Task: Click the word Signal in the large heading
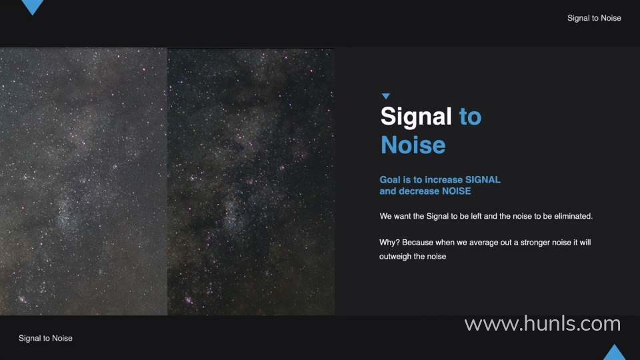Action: point(416,117)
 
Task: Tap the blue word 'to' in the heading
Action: point(470,117)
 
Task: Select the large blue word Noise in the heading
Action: point(413,145)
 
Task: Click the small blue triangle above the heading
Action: point(386,96)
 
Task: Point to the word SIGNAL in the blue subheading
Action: point(483,179)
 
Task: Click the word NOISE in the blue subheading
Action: point(456,191)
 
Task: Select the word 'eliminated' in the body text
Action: point(573,216)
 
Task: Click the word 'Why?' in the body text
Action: point(389,243)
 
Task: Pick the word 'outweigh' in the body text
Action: point(395,257)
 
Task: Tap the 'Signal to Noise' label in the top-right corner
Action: point(594,18)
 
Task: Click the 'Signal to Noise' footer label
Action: point(45,338)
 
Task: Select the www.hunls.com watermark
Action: point(543,324)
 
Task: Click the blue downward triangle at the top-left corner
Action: point(32,6)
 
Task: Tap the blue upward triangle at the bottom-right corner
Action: point(614,353)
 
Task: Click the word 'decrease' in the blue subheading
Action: point(419,191)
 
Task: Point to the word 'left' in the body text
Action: point(476,216)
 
